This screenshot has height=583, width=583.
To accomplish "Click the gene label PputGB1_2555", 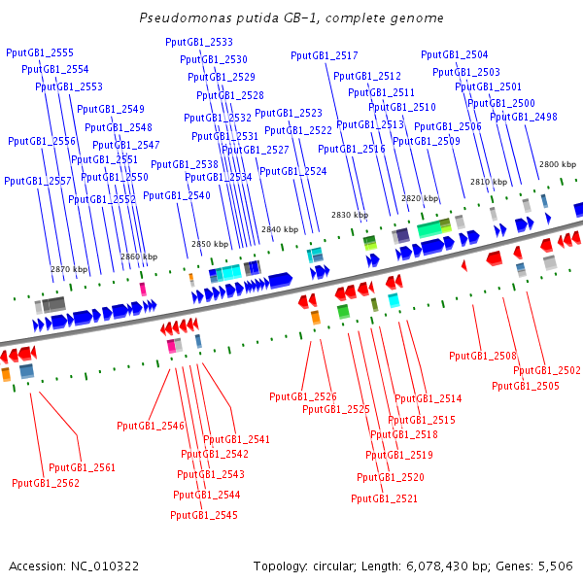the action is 40,52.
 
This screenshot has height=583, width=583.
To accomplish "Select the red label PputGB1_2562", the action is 46,483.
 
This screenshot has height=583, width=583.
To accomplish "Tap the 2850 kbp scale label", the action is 210,244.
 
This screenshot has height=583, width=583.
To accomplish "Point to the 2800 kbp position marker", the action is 558,164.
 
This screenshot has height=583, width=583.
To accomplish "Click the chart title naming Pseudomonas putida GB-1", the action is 291,17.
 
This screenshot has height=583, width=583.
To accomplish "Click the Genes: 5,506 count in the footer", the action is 534,566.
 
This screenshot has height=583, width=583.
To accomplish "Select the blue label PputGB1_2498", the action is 524,117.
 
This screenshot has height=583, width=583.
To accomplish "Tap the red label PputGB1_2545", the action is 204,515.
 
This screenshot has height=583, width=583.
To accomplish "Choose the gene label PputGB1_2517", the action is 325,55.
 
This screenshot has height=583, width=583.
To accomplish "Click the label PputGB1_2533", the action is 199,42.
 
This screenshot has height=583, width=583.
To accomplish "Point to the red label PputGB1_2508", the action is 483,356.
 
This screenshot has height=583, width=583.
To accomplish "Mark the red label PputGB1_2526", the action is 303,396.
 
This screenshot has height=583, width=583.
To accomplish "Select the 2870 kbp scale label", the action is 69,269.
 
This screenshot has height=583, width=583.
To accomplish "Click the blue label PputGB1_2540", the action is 177,195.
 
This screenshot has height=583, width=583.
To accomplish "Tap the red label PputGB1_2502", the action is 546,370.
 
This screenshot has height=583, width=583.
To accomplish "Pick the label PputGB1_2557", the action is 38,181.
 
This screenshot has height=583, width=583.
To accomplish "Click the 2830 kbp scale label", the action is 350,215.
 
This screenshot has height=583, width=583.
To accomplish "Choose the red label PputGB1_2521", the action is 384,498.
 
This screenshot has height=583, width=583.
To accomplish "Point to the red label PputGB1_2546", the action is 151,426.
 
